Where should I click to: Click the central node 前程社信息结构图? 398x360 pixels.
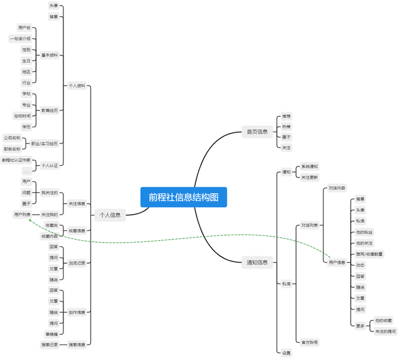pyautogui.click(x=183, y=197)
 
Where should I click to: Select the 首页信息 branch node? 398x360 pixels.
pyautogui.click(x=257, y=132)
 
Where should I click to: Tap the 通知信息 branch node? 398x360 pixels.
pyautogui.click(x=257, y=263)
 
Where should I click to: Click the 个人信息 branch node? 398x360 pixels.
pyautogui.click(x=109, y=215)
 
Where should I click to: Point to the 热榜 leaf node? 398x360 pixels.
pyautogui.click(x=286, y=127)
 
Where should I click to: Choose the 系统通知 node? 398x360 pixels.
pyautogui.click(x=310, y=167)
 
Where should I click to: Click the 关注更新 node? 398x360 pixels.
pyautogui.click(x=310, y=178)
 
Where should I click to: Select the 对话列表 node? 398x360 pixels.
pyautogui.click(x=310, y=225)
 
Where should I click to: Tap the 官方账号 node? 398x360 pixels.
pyautogui.click(x=310, y=342)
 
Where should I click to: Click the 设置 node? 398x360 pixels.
pyautogui.click(x=286, y=353)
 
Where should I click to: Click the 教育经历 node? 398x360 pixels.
pyautogui.click(x=50, y=110)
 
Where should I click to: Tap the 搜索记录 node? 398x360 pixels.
pyautogui.click(x=50, y=344)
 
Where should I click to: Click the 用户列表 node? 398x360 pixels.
pyautogui.click(x=22, y=214)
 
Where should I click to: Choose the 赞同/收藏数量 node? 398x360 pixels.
pyautogui.click(x=369, y=254)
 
